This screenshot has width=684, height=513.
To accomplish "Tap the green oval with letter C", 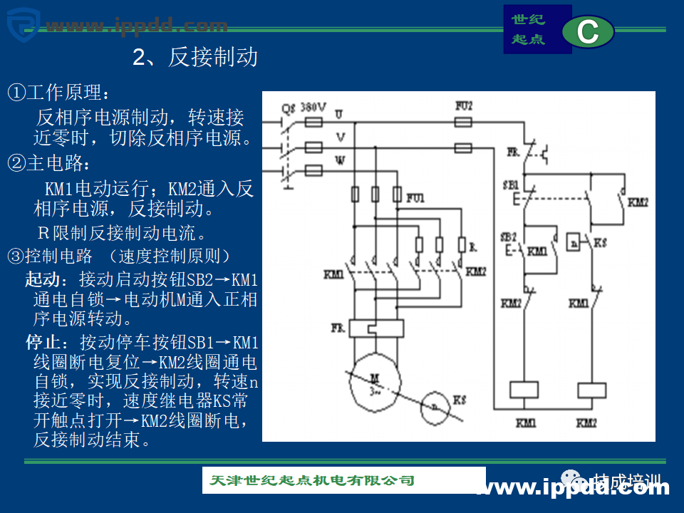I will tap(588, 32).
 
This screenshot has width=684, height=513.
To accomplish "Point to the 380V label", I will tap(313, 107).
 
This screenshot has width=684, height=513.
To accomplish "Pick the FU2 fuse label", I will tap(463, 105).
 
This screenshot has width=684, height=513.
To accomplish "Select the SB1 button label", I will tap(509, 185).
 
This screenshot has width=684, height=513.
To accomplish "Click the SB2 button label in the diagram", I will tap(508, 237).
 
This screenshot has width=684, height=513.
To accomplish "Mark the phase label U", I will tap(338, 114).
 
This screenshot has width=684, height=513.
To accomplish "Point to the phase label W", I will tap(340, 160).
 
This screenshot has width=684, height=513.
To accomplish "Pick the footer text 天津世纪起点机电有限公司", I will tap(312, 480).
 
